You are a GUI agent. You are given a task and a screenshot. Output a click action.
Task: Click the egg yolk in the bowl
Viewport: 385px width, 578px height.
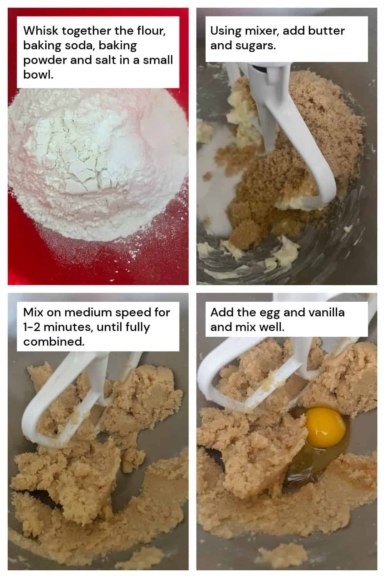tap(326, 427)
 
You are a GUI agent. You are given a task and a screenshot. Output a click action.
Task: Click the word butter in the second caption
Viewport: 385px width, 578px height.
tap(326, 30)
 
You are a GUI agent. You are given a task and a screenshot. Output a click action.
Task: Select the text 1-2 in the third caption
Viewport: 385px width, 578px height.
tap(30, 327)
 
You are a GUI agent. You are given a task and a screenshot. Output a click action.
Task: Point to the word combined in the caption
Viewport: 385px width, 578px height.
tap(54, 342)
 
